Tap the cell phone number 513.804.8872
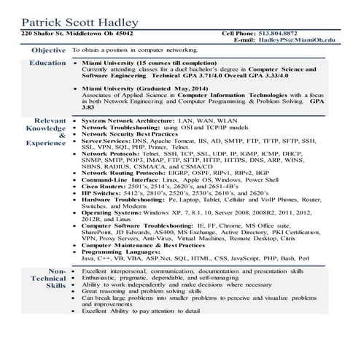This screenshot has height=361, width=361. pyautogui.click(x=301, y=34)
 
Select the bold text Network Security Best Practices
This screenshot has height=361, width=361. pyautogui.click(x=129, y=135)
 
